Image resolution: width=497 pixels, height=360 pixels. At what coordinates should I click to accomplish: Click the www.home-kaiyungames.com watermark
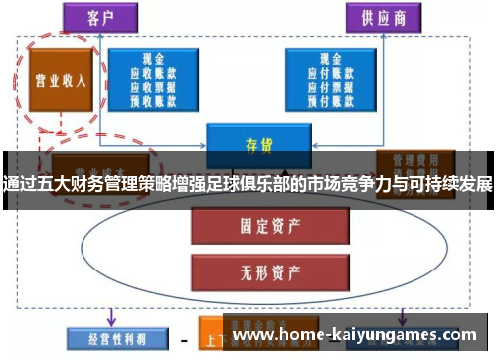(359, 335)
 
